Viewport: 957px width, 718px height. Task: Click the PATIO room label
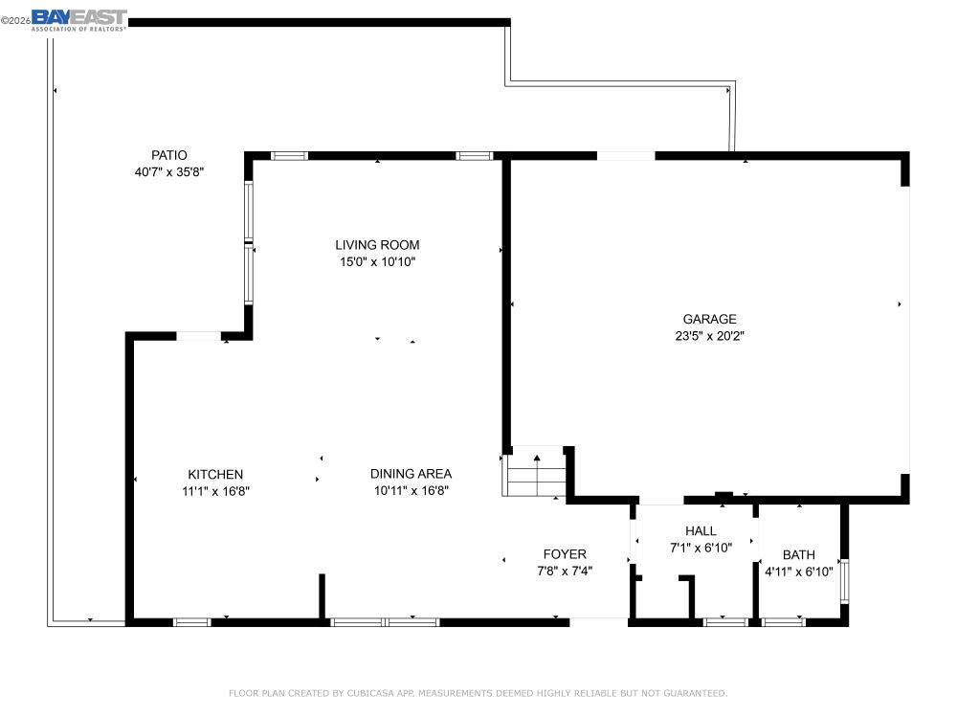(169, 155)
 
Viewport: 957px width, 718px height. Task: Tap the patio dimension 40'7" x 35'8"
(169, 172)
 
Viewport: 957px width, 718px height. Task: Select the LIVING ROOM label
(377, 245)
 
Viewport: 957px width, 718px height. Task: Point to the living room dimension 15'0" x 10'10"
(377, 261)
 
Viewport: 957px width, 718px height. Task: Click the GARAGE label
(709, 320)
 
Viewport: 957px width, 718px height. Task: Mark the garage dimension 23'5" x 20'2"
(709, 336)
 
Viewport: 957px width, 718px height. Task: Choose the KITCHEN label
(215, 474)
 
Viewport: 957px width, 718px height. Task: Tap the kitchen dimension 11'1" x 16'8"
(215, 491)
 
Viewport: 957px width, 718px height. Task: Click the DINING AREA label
(412, 474)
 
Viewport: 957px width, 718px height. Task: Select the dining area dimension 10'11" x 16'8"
(412, 491)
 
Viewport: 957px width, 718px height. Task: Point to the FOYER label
(565, 554)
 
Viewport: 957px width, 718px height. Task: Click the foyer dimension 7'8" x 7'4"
(565, 571)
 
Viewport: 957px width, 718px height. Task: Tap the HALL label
(701, 531)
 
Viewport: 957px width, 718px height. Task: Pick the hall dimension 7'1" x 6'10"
(701, 549)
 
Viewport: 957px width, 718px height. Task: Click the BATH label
(799, 554)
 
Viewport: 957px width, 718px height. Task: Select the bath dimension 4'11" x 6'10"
(799, 572)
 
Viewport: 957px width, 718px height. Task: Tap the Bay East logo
(78, 19)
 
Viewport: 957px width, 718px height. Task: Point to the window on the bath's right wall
(844, 579)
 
